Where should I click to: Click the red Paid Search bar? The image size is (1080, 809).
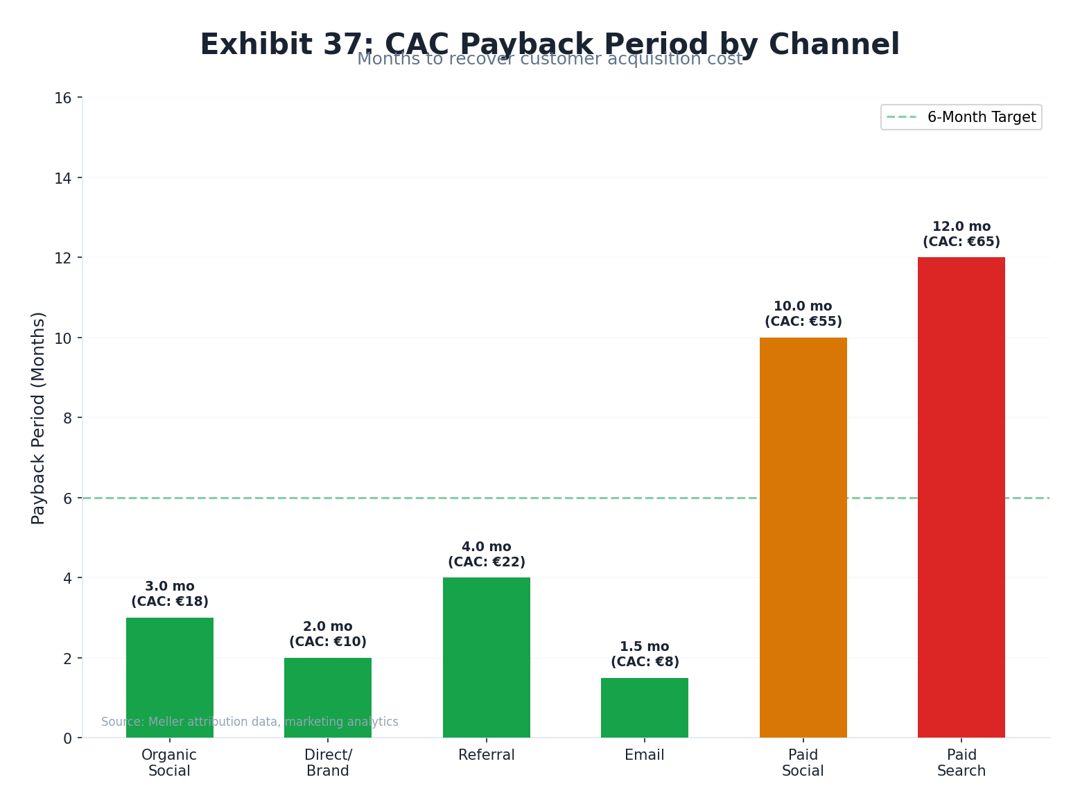(961, 497)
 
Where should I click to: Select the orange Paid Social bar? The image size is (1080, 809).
(803, 537)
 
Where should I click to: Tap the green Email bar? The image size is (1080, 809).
(644, 707)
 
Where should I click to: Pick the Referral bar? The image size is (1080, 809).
(486, 657)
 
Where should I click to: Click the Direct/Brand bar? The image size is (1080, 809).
(327, 697)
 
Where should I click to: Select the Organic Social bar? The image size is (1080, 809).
(169, 677)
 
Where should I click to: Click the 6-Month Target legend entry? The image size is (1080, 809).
(961, 117)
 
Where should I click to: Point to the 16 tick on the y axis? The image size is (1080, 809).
(63, 98)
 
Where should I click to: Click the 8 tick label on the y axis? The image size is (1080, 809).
(67, 418)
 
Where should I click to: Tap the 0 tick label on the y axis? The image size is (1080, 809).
(67, 738)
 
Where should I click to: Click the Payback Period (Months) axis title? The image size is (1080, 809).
(38, 418)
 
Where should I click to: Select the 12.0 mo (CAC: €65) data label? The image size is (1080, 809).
(961, 234)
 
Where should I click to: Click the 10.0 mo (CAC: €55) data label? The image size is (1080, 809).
(803, 314)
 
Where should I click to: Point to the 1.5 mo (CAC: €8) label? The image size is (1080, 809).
(644, 654)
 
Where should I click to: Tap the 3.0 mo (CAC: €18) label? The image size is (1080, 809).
(169, 594)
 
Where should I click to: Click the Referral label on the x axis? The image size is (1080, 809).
(486, 755)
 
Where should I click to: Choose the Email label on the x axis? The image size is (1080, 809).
(644, 755)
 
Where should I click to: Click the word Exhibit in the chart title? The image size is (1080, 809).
(256, 44)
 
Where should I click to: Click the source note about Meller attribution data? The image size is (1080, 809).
(250, 722)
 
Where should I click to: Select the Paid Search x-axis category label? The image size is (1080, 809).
(961, 763)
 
